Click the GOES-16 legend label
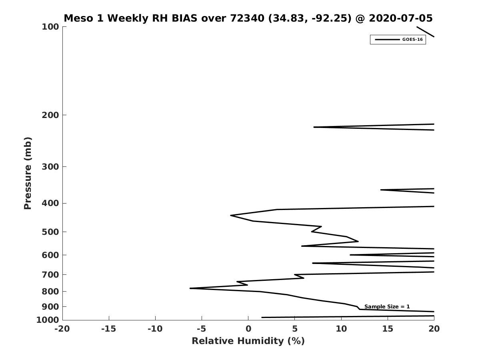point(412,40)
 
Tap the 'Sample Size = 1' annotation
point(387,307)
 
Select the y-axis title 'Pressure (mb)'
point(28,173)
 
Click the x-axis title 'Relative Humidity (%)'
point(248,341)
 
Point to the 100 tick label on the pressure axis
point(50,27)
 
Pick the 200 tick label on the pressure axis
point(50,115)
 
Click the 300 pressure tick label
point(50,167)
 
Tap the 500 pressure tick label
point(50,232)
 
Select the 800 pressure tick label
point(50,292)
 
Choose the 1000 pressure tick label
point(48,320)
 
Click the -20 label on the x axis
point(62,329)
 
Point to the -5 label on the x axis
point(202,329)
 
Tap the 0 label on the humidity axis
point(248,329)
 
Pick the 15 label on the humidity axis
point(388,329)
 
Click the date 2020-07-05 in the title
point(401,18)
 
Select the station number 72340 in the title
point(247,18)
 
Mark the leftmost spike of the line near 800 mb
point(190,288)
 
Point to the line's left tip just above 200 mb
point(314,127)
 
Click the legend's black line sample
point(388,40)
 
